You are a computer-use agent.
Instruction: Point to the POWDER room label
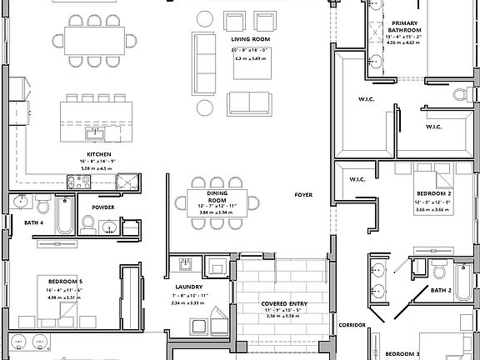[x=103, y=207]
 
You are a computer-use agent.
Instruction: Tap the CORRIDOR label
[x=352, y=325]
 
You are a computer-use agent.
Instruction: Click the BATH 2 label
[x=441, y=290]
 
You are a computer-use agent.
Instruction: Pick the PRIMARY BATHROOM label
[x=406, y=26]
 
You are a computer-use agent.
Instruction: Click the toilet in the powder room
[x=88, y=222]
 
